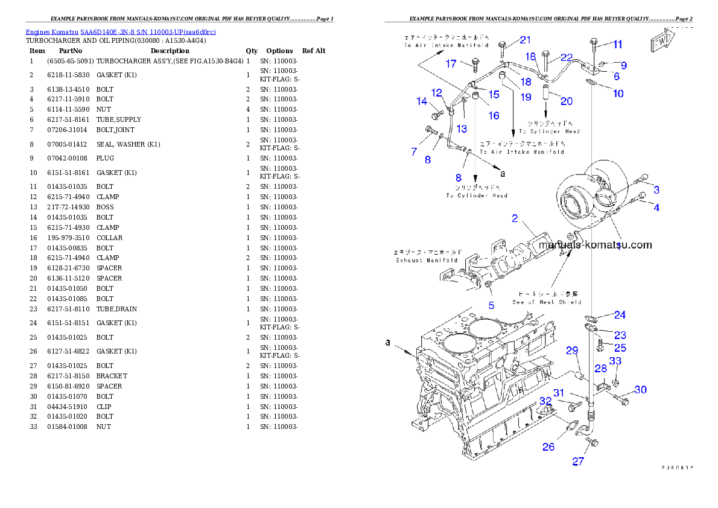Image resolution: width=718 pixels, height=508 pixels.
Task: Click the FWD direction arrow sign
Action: click(x=662, y=43)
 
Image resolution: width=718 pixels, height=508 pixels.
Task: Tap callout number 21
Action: click(x=526, y=40)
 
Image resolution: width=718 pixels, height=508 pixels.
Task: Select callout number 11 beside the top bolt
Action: click(x=617, y=44)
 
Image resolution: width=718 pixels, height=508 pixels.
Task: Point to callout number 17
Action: click(x=451, y=64)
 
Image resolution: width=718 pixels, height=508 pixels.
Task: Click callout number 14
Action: click(x=422, y=101)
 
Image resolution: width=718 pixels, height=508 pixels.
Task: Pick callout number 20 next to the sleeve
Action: click(x=567, y=101)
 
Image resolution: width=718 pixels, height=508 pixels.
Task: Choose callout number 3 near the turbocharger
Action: click(x=656, y=189)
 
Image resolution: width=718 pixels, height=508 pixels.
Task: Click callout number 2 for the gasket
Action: click(x=515, y=218)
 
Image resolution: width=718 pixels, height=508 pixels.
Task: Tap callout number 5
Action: click(x=491, y=305)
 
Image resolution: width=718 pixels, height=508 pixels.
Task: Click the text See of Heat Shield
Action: click(x=547, y=302)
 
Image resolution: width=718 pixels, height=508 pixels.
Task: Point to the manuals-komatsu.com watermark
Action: click(x=595, y=245)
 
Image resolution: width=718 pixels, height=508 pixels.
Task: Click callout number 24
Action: click(x=620, y=314)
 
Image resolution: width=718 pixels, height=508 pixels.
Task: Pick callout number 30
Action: click(x=640, y=390)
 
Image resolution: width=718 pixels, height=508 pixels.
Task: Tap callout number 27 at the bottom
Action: click(x=578, y=462)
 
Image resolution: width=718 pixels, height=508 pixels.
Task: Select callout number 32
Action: click(x=545, y=401)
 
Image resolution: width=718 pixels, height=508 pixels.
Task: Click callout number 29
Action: click(x=571, y=351)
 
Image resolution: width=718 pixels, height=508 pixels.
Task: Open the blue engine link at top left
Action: click(x=121, y=31)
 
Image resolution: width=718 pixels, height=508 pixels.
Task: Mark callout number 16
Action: click(x=494, y=115)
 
